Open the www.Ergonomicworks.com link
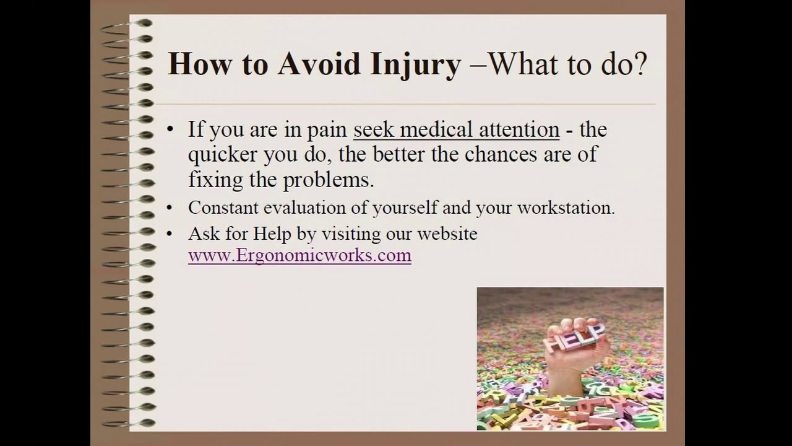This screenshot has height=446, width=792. (x=299, y=255)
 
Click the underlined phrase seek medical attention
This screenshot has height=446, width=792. (x=456, y=130)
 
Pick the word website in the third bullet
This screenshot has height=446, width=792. (x=447, y=234)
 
